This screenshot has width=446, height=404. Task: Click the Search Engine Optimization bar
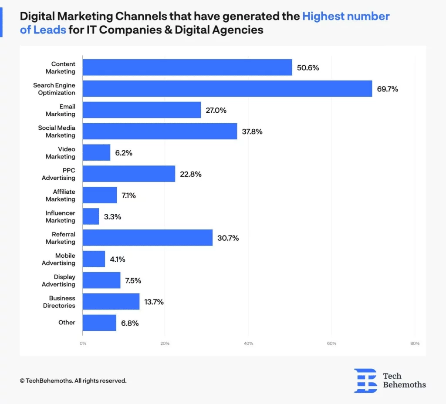coord(227,89)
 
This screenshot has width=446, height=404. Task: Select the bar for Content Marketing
coord(187,67)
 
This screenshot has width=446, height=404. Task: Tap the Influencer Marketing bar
coord(91,216)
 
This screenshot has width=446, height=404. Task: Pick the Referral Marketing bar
coord(148,238)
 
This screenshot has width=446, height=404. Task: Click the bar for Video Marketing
coord(97,153)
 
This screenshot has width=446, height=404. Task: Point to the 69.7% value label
coord(388,89)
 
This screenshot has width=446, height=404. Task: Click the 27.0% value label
coord(216,110)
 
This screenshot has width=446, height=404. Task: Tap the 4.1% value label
coord(117,259)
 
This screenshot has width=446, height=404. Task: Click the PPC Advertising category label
coord(59,174)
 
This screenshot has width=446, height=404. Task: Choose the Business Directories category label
coord(59,302)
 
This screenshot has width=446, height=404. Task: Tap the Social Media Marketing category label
coord(57,131)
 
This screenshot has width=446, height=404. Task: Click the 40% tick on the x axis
coord(248,343)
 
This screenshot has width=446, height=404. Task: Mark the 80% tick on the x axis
coord(415,343)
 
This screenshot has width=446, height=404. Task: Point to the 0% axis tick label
coord(83,343)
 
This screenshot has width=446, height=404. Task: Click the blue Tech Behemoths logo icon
coord(365,380)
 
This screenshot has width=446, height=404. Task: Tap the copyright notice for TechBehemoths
coord(73,380)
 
